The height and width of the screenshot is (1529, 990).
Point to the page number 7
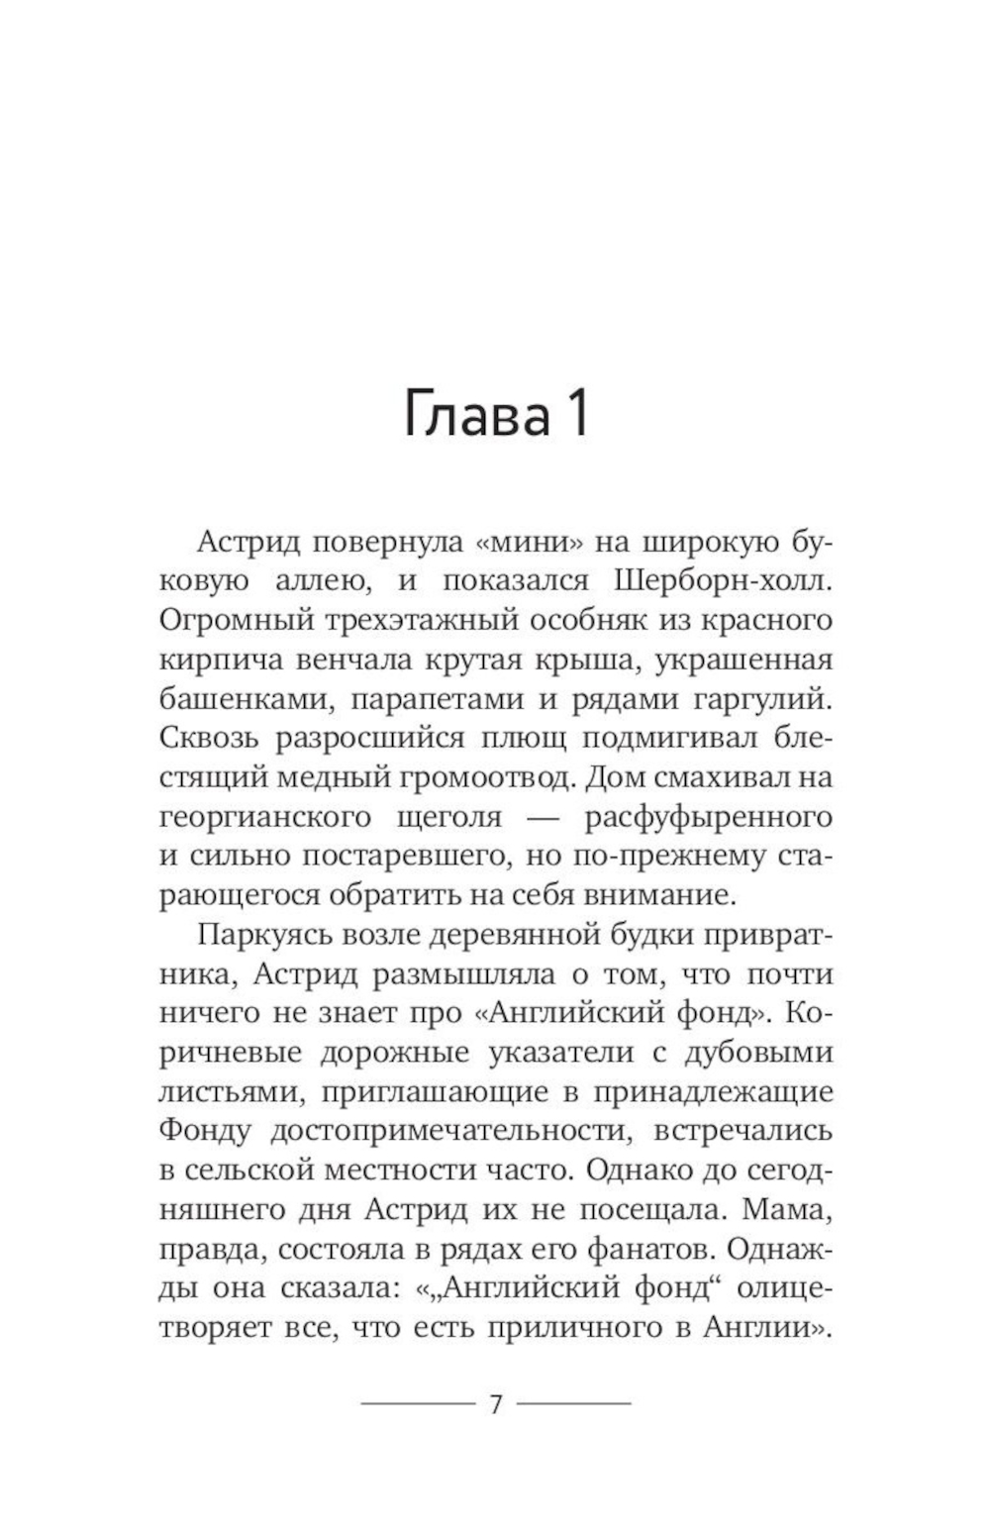point(496,1403)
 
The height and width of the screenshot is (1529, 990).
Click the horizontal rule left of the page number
point(418,1403)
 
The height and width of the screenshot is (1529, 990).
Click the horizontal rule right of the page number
point(574,1403)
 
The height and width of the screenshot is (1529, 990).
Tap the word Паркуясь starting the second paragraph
point(257,935)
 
